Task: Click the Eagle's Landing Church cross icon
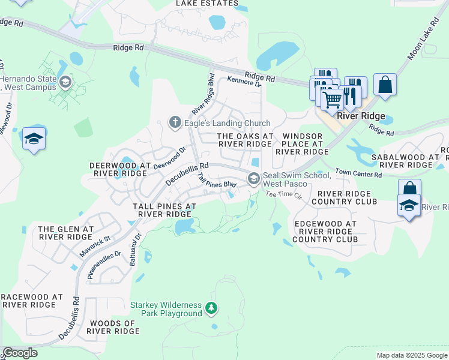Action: point(175,123)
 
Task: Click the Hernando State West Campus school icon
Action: point(65,82)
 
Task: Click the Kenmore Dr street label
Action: point(244,82)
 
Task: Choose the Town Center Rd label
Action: point(358,174)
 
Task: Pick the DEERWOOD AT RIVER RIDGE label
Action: point(118,169)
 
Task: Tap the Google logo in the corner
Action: point(20,353)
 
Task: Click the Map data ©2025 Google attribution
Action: point(412,355)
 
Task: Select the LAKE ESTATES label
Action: point(206,4)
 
